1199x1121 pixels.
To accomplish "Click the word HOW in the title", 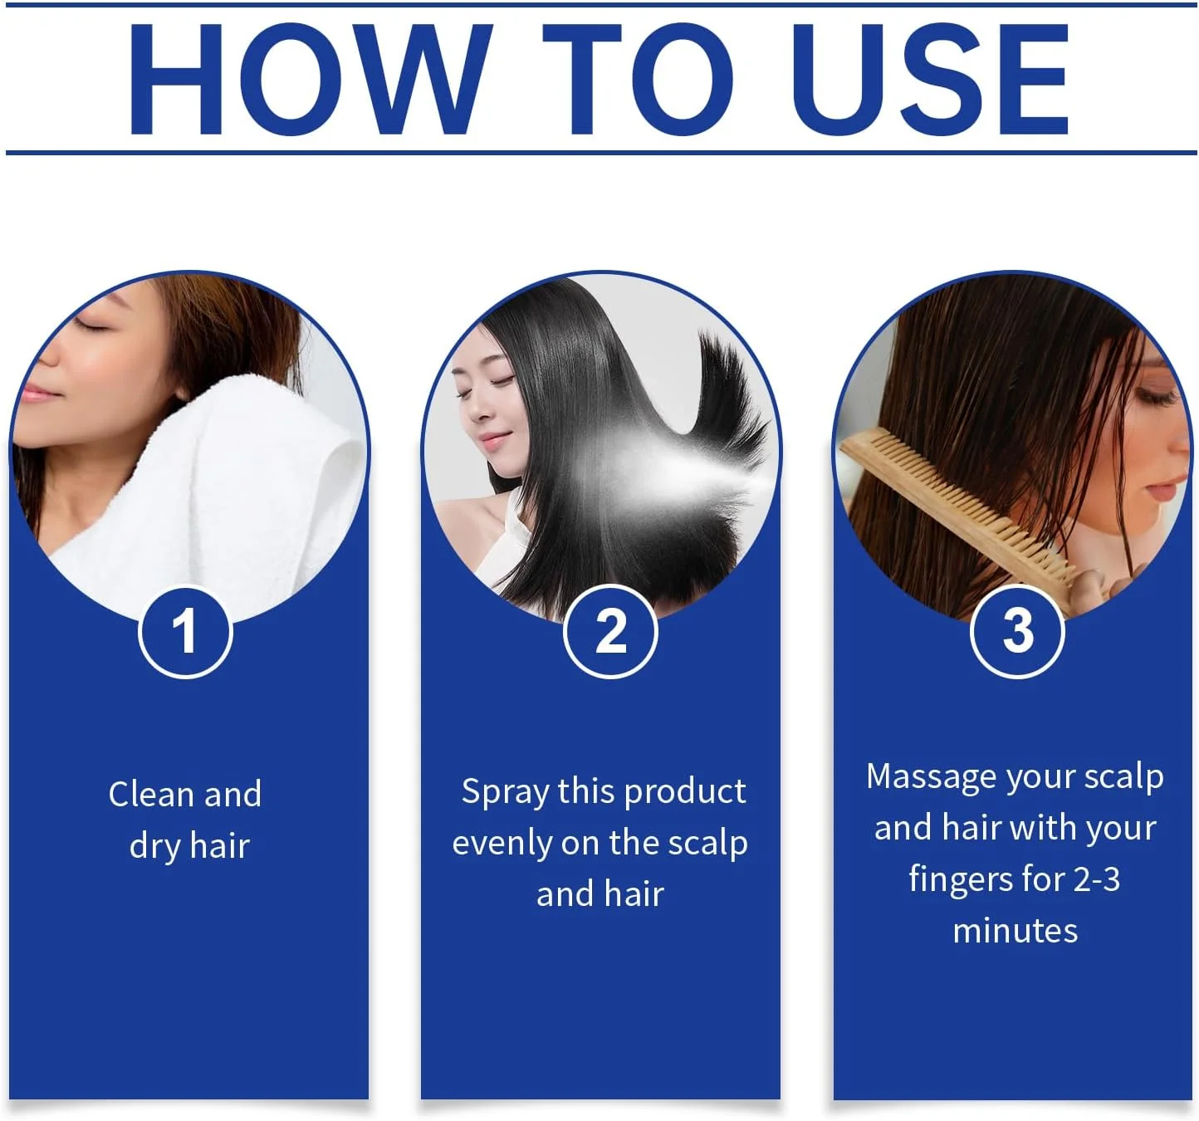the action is point(309,79).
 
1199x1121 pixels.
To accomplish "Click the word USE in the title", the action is point(930,79).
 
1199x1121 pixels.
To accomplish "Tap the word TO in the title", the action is point(639,79).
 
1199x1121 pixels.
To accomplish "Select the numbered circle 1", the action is point(185,632).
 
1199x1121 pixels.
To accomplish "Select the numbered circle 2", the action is point(609,632).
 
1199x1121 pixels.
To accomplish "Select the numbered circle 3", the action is point(1017,632).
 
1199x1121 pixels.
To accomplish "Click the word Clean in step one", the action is point(151,794).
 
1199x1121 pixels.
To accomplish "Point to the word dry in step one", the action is point(155,847).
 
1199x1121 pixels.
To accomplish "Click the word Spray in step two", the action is point(506,793).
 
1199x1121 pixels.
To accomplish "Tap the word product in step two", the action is point(685,792).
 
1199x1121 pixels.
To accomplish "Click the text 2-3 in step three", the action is point(1097,879).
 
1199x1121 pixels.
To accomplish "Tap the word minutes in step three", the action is point(1015,931).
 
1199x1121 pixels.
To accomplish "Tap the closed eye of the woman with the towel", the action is point(91,326).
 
